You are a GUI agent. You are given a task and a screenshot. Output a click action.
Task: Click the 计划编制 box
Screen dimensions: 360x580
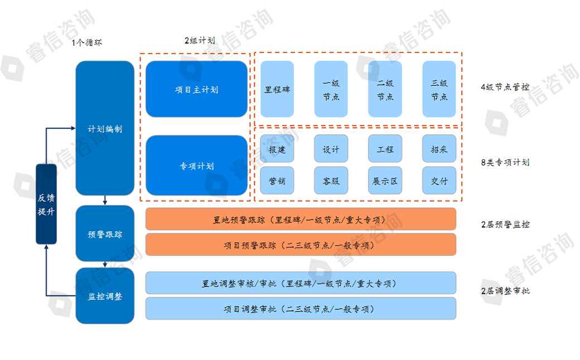105,128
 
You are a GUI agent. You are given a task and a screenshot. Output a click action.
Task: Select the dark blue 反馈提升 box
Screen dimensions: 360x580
46,204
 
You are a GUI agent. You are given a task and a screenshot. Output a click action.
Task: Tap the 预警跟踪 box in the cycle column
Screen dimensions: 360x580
105,233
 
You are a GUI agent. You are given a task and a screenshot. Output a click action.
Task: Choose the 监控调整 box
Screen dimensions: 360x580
105,295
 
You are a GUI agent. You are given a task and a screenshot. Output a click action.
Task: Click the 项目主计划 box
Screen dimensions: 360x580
196,89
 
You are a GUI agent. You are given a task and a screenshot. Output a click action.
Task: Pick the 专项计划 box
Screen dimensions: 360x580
196,166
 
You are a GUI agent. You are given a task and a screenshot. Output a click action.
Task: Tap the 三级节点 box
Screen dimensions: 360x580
439,89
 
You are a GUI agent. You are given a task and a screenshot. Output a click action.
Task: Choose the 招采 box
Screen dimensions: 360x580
439,149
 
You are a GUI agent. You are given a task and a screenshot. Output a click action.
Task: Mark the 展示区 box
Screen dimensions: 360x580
385,181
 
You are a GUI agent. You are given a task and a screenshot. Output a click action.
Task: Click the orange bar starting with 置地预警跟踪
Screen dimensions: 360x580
301,219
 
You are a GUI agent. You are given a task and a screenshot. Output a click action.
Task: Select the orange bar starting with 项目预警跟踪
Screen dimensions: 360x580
301,245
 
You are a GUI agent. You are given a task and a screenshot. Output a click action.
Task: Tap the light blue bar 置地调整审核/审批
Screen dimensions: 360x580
301,283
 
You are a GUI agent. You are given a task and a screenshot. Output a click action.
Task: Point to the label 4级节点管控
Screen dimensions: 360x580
505,87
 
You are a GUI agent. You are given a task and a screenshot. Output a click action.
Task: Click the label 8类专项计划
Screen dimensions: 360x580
505,162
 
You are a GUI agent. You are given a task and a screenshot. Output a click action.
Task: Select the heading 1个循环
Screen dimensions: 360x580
87,42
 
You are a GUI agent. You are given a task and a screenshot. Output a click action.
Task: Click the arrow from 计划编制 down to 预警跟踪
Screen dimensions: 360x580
105,200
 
